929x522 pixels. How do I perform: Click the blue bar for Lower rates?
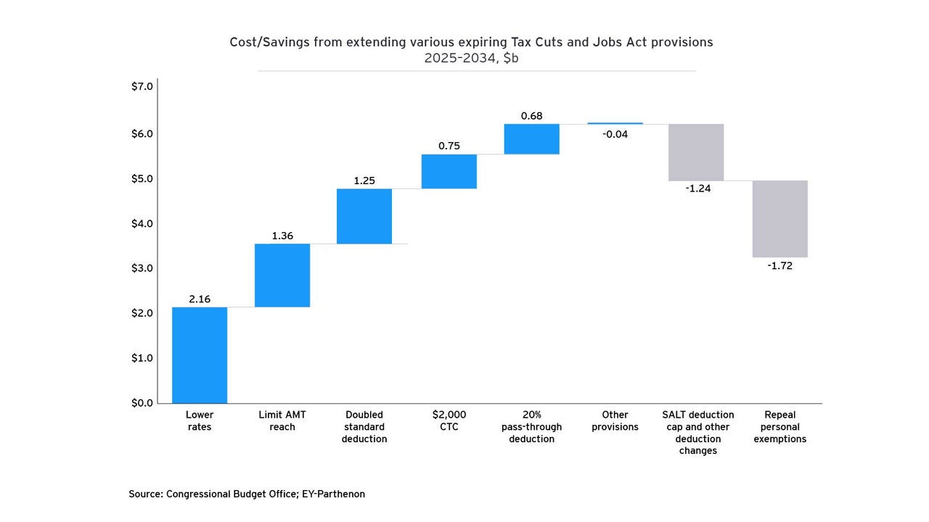pos(200,355)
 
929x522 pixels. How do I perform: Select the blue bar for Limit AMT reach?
pos(282,275)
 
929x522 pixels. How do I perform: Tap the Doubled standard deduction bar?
pos(364,216)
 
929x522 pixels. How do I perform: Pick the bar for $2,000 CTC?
pos(449,171)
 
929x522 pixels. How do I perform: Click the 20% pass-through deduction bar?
pos(531,139)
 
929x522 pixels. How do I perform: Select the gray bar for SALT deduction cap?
pos(696,152)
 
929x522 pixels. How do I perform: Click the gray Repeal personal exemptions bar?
pos(779,219)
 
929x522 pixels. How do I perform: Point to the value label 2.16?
pos(200,299)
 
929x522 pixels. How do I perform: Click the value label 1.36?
pos(282,236)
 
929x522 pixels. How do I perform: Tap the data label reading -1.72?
pos(779,266)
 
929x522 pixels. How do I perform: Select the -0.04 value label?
pos(615,134)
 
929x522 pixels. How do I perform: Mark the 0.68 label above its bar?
pos(531,116)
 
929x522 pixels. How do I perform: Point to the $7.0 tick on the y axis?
pos(142,86)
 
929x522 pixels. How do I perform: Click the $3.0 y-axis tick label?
pos(142,268)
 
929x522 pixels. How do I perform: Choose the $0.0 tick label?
pos(142,403)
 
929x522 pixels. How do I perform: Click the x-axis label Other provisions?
pos(615,421)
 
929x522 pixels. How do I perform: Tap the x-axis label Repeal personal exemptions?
pos(779,427)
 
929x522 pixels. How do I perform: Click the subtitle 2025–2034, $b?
pos(471,59)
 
